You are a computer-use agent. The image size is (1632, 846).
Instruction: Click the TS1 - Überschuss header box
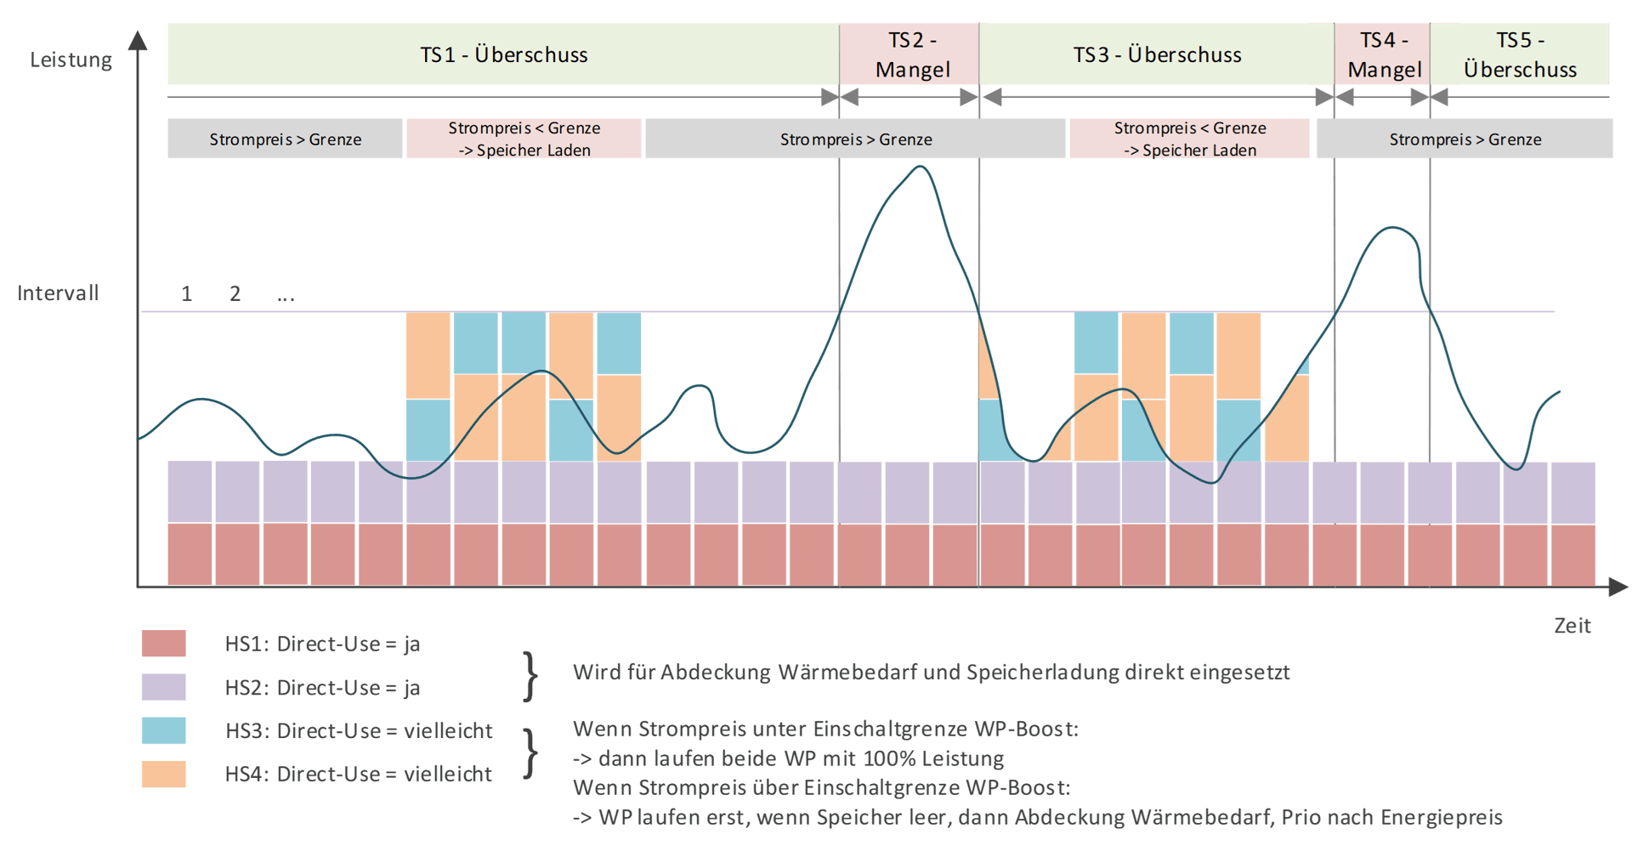pos(503,54)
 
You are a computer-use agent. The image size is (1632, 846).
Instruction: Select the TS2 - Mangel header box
pos(909,54)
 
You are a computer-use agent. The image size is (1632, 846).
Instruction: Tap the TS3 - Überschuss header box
pos(1157,54)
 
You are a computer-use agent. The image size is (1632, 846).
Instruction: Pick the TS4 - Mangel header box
pos(1382,54)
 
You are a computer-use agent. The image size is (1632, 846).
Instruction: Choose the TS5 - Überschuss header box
pos(1520,54)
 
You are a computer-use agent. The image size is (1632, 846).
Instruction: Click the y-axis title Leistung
pos(71,60)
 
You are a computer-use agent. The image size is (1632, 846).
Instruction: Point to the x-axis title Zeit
pos(1572,626)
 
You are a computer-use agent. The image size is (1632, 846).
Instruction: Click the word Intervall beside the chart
pos(58,293)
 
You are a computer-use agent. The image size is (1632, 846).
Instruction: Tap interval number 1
pos(186,294)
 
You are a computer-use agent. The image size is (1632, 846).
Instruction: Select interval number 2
pos(235,294)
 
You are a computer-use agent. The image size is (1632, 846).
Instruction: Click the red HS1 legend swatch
pos(163,644)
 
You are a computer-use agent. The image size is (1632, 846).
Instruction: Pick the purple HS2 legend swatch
pos(163,687)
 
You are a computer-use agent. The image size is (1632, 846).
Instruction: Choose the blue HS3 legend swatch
pos(163,730)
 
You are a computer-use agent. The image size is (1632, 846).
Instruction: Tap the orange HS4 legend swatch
pos(163,774)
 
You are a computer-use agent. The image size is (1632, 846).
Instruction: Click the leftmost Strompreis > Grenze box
pos(285,139)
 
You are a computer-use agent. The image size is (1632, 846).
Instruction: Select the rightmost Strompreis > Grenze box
pos(1465,139)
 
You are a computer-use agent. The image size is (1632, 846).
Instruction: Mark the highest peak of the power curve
pos(920,167)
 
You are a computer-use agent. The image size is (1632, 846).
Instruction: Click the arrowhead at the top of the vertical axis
pos(138,39)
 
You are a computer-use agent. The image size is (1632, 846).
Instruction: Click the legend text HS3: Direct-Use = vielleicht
pos(359,730)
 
